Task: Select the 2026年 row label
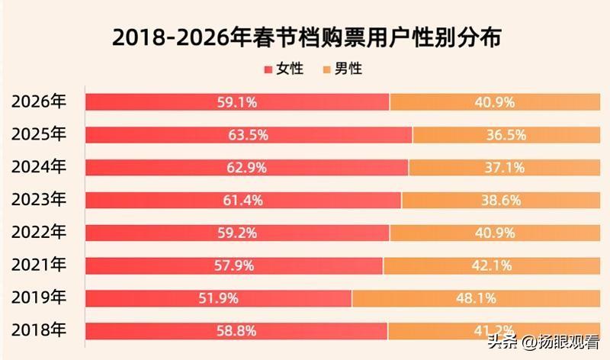pyautogui.click(x=40, y=102)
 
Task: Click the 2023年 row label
pyautogui.click(x=40, y=200)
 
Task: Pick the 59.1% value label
pyautogui.click(x=237, y=102)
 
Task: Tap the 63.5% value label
pyautogui.click(x=248, y=135)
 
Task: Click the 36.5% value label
pyautogui.click(x=506, y=135)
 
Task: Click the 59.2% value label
pyautogui.click(x=237, y=233)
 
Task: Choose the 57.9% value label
pyautogui.click(x=234, y=265)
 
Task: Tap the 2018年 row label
pyautogui.click(x=40, y=330)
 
